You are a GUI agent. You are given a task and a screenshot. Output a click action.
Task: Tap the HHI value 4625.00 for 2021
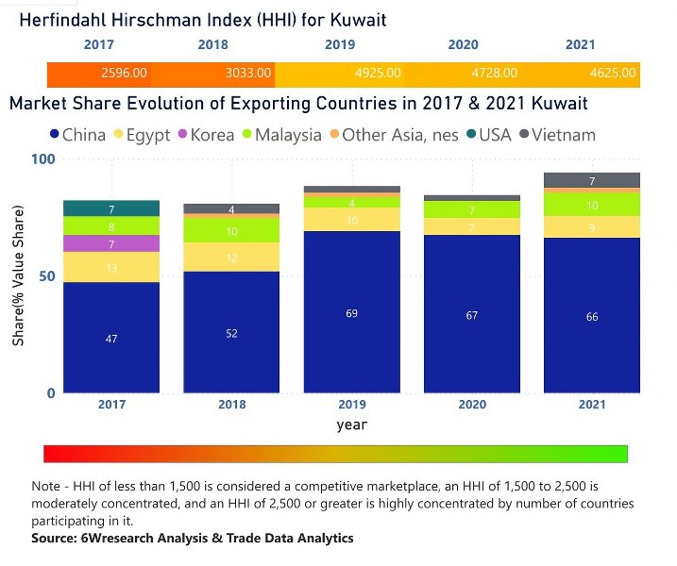614,73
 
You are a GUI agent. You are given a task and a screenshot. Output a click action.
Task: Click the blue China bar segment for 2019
352,311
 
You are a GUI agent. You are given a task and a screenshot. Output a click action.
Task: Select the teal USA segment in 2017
111,208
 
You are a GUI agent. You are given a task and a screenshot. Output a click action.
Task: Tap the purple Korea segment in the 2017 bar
111,243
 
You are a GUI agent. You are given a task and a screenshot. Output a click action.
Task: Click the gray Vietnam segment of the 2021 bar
592,180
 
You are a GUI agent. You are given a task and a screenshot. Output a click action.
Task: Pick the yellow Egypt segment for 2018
231,258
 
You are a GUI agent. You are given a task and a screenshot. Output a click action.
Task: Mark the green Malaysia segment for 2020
472,210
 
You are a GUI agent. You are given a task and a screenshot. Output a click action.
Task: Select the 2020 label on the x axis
472,405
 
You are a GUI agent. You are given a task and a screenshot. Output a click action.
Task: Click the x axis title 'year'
351,424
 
